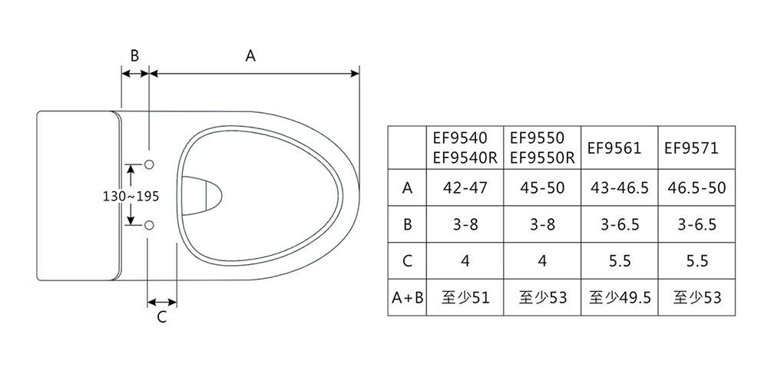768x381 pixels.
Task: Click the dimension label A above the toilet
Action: [x=250, y=55]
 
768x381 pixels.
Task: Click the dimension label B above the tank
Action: [x=134, y=55]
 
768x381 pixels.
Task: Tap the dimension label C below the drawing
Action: [x=162, y=317]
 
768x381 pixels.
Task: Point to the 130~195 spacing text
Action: [x=131, y=196]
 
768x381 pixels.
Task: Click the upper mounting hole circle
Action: [x=150, y=164]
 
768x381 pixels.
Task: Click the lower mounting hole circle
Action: [x=150, y=224]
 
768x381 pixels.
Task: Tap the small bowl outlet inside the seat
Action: [x=204, y=194]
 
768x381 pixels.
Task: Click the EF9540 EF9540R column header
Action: [x=465, y=148]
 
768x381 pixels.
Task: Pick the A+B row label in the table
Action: [x=406, y=297]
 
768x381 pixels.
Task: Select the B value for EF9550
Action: [x=542, y=225]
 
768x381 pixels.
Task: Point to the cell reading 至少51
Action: [x=465, y=297]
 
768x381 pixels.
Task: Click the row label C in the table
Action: [x=406, y=261]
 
